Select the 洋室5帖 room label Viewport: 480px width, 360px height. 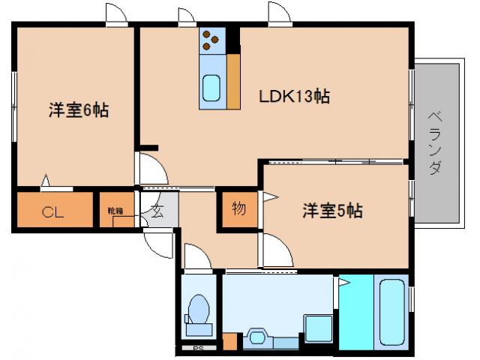332,211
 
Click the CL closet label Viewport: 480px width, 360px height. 52,211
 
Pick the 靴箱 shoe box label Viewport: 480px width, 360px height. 115,211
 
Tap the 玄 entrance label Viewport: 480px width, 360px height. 157,211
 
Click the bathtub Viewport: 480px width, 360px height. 392,310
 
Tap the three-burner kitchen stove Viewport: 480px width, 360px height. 211,39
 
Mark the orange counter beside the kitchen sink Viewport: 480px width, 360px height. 233,81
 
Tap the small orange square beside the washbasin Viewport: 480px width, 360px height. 229,341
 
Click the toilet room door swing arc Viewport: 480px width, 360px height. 196,255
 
